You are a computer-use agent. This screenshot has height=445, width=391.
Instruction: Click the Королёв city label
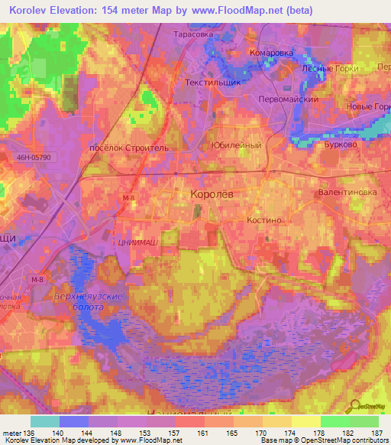pyautogui.click(x=212, y=195)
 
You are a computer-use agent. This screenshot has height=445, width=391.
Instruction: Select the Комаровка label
pyautogui.click(x=271, y=53)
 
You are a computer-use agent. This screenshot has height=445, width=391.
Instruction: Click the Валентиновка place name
pyautogui.click(x=347, y=193)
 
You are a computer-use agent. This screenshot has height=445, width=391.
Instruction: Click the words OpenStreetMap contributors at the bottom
pyautogui.click(x=338, y=441)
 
